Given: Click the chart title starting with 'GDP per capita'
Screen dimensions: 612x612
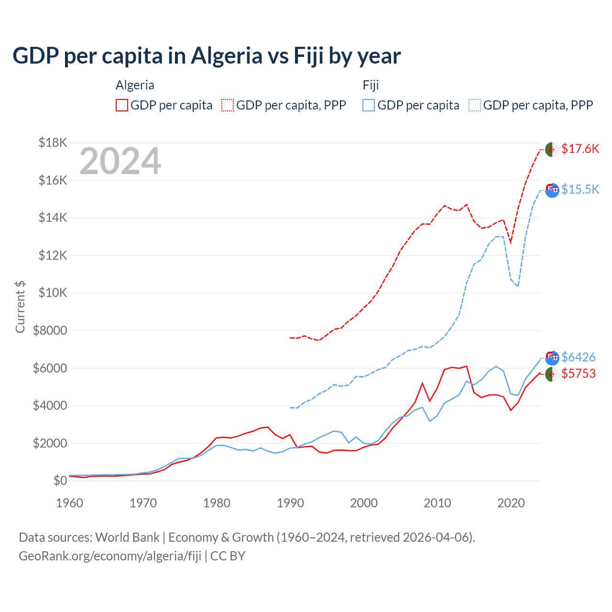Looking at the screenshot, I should point(207,56).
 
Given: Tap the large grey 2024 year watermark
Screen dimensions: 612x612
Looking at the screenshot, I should point(120,162).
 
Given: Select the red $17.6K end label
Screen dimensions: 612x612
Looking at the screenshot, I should point(580,149).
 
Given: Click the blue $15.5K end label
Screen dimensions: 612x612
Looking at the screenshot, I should point(580,189).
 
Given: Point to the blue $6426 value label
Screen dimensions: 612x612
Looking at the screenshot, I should point(578,357).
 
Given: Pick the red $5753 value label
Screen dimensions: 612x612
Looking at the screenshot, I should point(578,373).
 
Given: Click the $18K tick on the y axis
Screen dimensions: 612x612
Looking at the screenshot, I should point(53,142).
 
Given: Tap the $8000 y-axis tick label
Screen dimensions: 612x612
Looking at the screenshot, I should point(50,330).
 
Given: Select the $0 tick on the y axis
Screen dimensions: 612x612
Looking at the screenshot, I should point(60,481).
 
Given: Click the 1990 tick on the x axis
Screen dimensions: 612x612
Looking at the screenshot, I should point(290,503).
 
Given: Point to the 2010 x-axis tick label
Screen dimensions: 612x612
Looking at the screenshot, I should point(437,503).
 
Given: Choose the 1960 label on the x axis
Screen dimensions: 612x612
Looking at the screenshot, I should point(70,503).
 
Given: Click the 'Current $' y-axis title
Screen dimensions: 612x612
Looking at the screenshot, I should point(20,306).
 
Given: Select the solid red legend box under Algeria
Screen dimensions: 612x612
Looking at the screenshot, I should point(122,105).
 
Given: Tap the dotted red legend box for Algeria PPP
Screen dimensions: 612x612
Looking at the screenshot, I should point(228,105).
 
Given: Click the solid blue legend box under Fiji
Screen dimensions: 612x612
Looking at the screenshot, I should point(369,105).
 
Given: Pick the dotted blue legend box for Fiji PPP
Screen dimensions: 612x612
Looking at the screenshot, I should point(475,105).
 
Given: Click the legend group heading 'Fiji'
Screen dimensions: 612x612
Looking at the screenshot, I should point(371,85).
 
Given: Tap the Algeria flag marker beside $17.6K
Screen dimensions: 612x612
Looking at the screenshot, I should point(552,149).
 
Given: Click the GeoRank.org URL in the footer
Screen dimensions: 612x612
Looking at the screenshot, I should point(110,556).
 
